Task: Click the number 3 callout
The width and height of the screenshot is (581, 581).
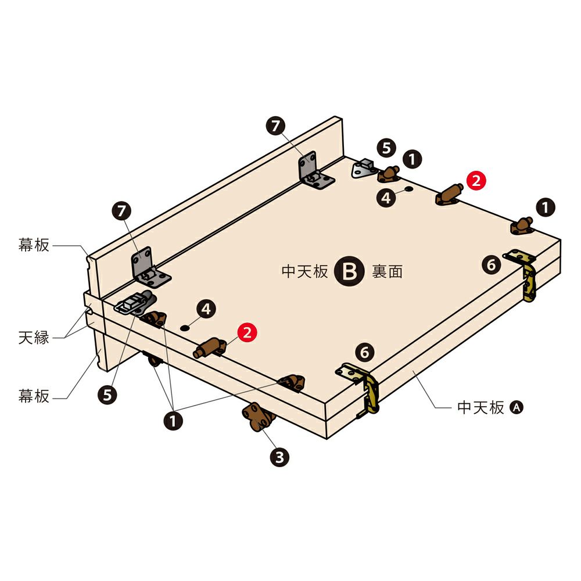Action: click(279, 457)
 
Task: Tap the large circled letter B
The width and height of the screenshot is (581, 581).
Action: click(349, 271)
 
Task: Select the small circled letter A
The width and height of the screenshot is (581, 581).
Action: click(517, 408)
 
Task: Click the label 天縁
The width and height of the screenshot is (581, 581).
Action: click(34, 338)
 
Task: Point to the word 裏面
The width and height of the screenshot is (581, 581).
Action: click(387, 271)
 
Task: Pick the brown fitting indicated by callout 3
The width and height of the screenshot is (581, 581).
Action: click(259, 417)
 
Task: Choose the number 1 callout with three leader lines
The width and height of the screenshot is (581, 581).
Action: click(173, 421)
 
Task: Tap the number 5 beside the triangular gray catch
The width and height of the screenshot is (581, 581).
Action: click(386, 148)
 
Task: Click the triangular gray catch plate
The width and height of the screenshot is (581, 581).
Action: click(364, 168)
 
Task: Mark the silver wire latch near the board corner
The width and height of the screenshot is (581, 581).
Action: click(134, 303)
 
